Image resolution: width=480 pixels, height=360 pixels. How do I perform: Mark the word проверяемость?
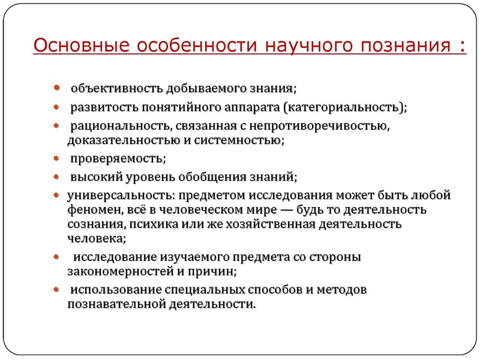point(118,159)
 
